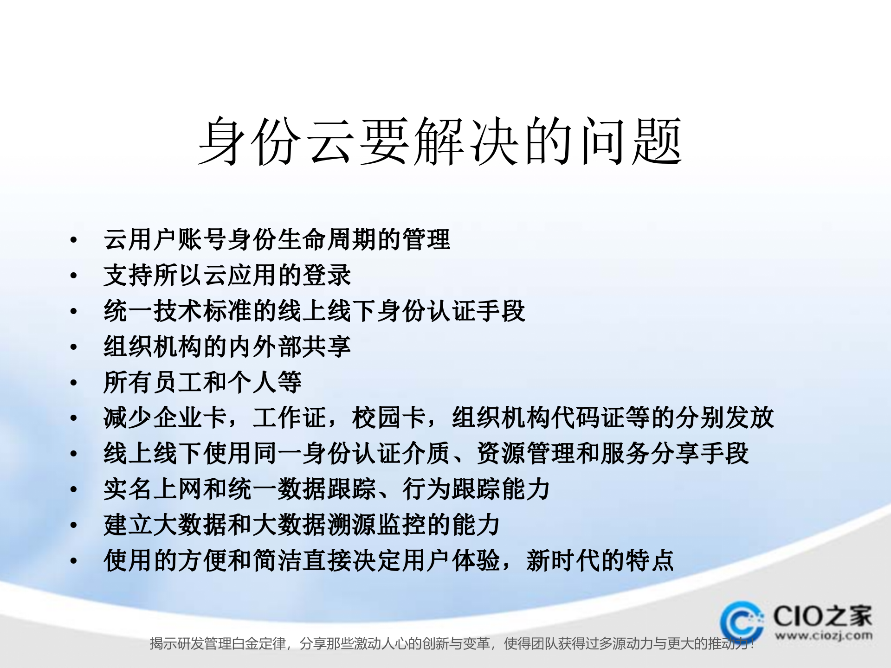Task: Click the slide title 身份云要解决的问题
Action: (x=440, y=141)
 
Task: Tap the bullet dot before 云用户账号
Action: (x=73, y=240)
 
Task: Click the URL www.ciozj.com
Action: (x=823, y=636)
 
